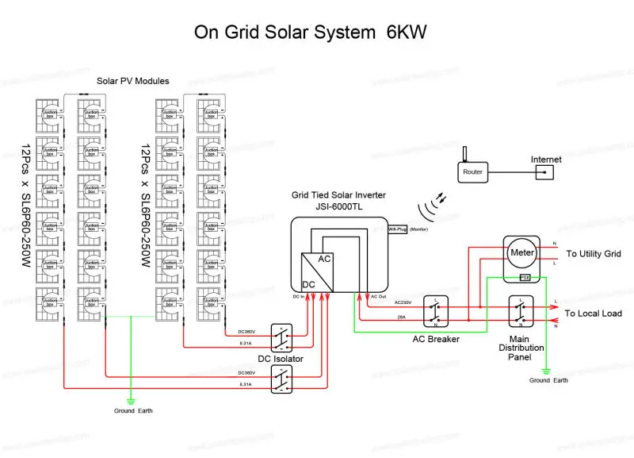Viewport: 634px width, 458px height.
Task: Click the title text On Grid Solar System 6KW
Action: click(x=311, y=33)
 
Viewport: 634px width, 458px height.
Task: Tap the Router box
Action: click(x=472, y=171)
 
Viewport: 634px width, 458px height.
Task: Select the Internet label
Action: click(x=546, y=160)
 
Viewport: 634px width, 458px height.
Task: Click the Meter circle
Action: click(x=523, y=252)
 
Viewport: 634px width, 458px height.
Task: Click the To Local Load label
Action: click(x=593, y=314)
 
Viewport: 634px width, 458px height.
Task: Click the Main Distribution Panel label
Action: click(x=525, y=348)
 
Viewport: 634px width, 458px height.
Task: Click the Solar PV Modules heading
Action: click(x=132, y=81)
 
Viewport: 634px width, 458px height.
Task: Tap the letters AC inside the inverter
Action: click(x=325, y=260)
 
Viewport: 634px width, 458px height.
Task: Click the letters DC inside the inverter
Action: click(x=310, y=283)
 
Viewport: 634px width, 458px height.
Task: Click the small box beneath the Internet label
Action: click(x=544, y=171)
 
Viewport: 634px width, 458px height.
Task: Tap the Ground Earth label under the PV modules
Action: click(x=132, y=410)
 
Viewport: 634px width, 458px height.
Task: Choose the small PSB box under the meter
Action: click(x=524, y=278)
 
